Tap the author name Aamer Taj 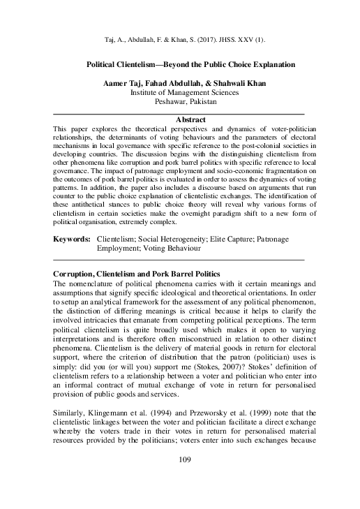click(124, 83)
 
